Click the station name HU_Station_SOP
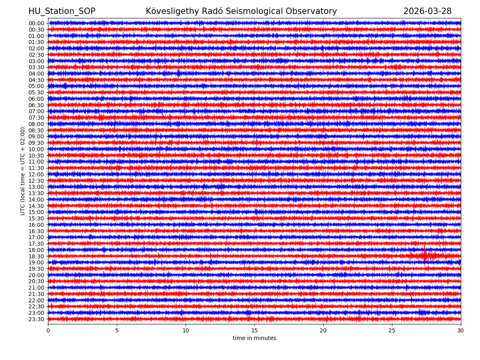pos(62,11)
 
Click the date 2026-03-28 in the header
pos(427,11)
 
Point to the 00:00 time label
pos(36,23)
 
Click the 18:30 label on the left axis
pos(36,256)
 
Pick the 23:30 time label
pos(36,319)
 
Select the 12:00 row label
pos(36,174)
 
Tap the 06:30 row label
pos(36,105)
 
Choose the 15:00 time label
pos(36,212)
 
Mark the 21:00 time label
pos(36,288)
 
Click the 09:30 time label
pos(36,143)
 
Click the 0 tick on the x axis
pos(48,331)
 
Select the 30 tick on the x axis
pos(461,331)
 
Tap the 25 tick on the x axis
pos(392,331)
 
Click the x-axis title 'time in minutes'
pos(254,338)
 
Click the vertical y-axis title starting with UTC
pos(23,171)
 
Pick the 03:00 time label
pos(36,61)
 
